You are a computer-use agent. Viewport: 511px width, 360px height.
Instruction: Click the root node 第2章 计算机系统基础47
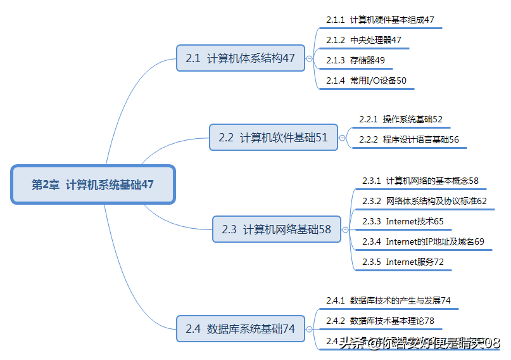[92, 185]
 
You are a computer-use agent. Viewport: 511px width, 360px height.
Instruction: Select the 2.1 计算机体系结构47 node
[240, 58]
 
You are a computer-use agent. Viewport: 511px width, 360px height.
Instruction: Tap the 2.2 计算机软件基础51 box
[273, 137]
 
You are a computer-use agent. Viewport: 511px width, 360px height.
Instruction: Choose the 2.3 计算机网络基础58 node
[276, 229]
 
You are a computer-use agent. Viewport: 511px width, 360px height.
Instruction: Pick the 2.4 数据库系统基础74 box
[240, 329]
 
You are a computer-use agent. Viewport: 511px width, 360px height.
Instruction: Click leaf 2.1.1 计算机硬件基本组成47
[380, 20]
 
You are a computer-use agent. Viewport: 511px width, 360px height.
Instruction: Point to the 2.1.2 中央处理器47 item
[363, 40]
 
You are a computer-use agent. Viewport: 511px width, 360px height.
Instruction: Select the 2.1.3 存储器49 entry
[355, 60]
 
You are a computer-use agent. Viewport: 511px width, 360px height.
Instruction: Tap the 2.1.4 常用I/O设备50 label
[366, 80]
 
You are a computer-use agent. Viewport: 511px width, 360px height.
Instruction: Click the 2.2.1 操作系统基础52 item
[400, 119]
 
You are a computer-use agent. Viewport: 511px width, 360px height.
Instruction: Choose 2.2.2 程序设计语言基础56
[408, 139]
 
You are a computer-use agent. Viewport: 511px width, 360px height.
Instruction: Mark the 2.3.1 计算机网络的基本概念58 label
[420, 181]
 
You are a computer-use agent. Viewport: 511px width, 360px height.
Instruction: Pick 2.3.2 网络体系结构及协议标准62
[424, 201]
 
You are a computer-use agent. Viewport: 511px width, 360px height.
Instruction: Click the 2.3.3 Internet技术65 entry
[403, 221]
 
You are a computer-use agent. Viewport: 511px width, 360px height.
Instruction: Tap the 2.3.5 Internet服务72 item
[403, 262]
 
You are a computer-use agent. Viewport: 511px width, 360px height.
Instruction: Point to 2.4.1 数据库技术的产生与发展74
[388, 300]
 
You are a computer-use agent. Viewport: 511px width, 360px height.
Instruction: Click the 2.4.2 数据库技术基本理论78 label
[380, 321]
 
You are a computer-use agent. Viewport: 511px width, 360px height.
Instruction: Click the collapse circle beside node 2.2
[343, 138]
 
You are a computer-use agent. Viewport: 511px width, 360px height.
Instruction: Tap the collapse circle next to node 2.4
[310, 330]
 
